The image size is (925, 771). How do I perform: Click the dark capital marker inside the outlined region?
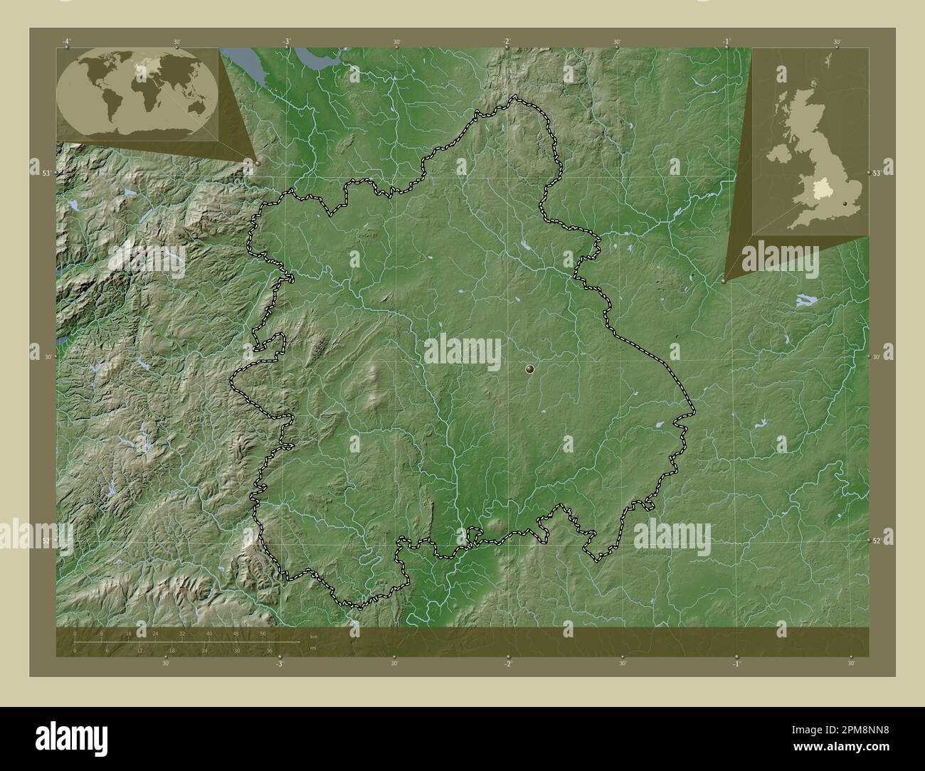point(529,368)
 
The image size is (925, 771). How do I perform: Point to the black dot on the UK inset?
point(845,205)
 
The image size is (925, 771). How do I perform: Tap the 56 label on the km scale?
point(263,633)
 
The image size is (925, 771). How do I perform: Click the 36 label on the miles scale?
point(270,650)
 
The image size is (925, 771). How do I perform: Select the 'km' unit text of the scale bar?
point(313,636)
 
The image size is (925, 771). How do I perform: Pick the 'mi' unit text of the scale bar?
point(312,648)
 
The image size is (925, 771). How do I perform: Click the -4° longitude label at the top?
point(66,42)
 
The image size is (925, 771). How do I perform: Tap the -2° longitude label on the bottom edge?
point(507,664)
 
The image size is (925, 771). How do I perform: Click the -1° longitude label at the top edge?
point(727,42)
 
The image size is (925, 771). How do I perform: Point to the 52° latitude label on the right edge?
point(877,541)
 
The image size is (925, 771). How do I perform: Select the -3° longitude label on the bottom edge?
point(280,664)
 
